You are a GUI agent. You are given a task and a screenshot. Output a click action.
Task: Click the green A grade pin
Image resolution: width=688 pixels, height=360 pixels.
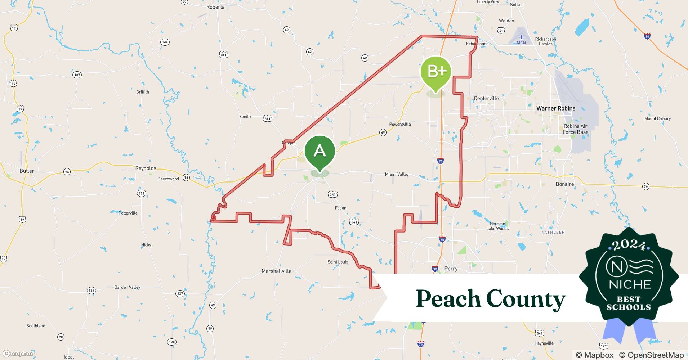320,151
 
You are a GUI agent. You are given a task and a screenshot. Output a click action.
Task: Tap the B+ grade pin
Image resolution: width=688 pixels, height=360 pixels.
436,72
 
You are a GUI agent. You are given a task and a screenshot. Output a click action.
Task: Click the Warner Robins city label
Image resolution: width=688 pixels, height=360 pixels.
556,108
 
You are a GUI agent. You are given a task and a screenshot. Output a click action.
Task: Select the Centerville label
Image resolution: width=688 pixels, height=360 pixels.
486,98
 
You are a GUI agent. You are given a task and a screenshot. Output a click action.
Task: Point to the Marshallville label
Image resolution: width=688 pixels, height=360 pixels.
276,271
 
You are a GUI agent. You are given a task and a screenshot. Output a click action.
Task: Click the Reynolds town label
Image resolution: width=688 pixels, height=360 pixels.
146,168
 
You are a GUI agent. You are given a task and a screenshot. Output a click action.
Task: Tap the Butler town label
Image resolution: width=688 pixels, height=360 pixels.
27,171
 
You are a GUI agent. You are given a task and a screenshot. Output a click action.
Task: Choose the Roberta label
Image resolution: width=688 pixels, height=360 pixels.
215,7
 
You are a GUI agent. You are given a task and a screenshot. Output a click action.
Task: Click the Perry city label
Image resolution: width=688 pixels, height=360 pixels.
451,269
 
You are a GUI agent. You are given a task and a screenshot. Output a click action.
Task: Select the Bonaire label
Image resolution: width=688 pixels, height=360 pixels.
564,184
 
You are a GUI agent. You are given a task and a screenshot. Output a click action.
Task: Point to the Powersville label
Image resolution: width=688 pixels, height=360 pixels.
400,124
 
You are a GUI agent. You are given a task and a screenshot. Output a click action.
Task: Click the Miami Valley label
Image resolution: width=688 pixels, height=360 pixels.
397,174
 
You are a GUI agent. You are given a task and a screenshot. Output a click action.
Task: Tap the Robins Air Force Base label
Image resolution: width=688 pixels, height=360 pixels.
575,129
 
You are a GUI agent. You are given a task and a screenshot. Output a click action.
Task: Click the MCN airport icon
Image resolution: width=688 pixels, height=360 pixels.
521,37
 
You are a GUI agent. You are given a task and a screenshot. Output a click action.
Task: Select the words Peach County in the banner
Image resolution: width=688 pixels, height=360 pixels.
490,299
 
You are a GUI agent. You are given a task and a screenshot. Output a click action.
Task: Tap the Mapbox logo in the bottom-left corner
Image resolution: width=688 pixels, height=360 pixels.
18,354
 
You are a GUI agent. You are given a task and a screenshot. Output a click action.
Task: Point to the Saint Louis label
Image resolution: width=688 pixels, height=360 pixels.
338,262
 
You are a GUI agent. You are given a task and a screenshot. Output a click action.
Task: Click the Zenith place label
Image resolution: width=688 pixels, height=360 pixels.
245,117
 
